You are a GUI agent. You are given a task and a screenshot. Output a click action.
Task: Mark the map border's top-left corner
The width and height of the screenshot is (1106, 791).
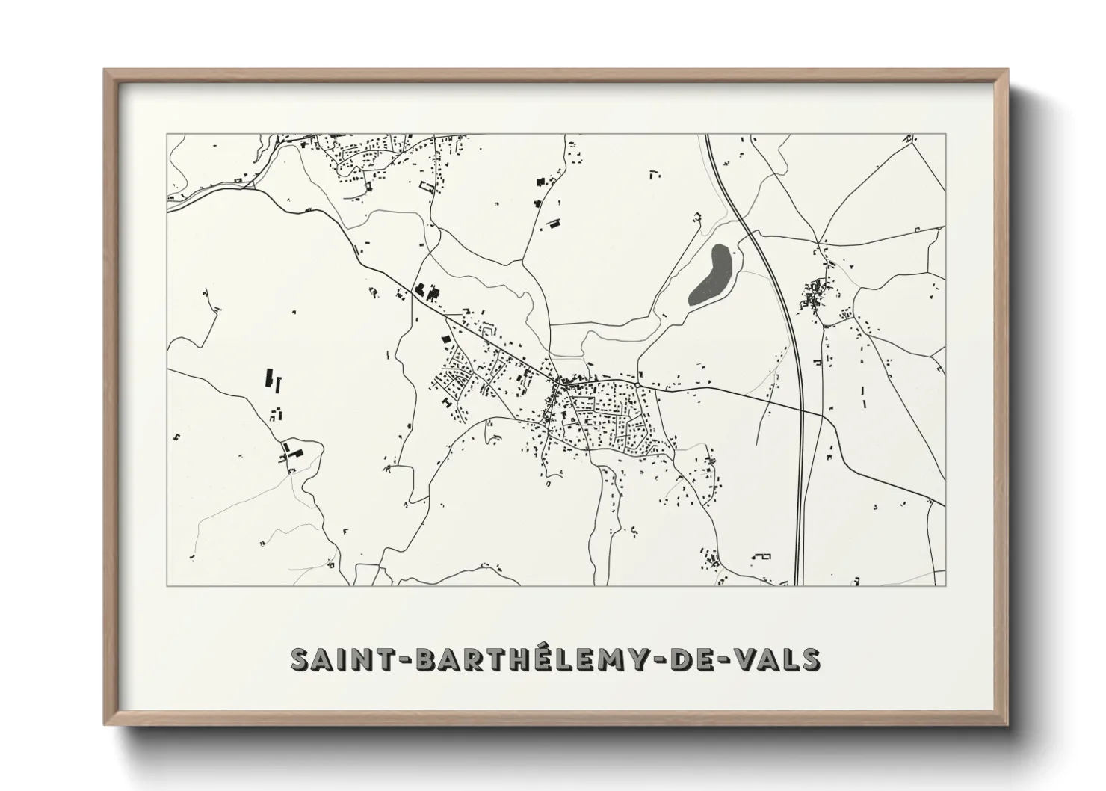[x=167, y=135]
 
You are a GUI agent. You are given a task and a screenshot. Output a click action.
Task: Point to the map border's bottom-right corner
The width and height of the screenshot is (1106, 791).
[x=945, y=585]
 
